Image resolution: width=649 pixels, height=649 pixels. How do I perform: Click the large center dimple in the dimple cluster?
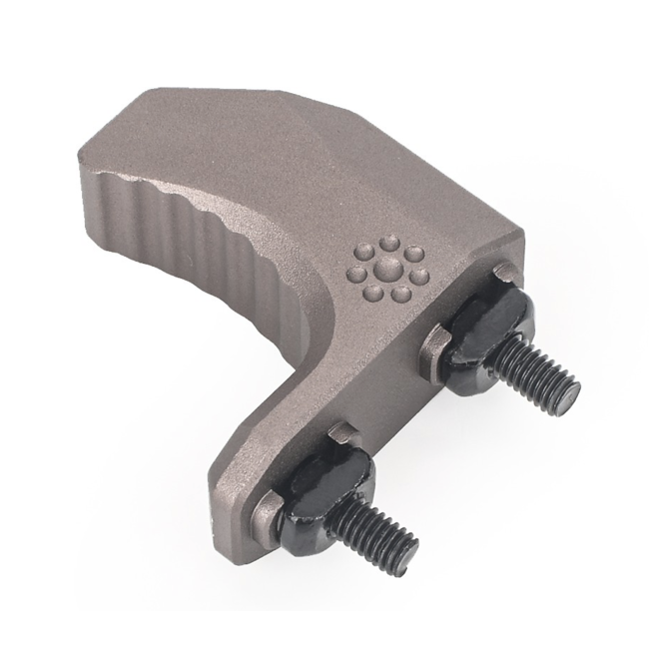pos(380,270)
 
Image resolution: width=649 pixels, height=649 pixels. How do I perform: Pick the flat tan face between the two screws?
pos(379,399)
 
